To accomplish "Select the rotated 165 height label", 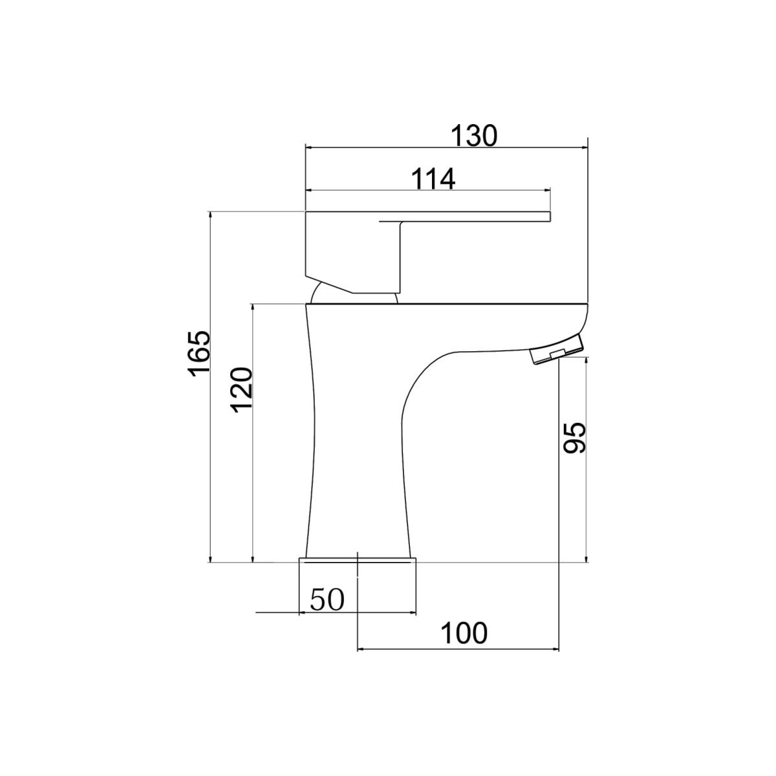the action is pos(199,354).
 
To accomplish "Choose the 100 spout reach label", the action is pos(464,633).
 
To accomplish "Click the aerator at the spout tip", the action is pos(556,349).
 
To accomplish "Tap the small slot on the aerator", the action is pos(557,354).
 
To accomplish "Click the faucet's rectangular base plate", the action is pos(357,560).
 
